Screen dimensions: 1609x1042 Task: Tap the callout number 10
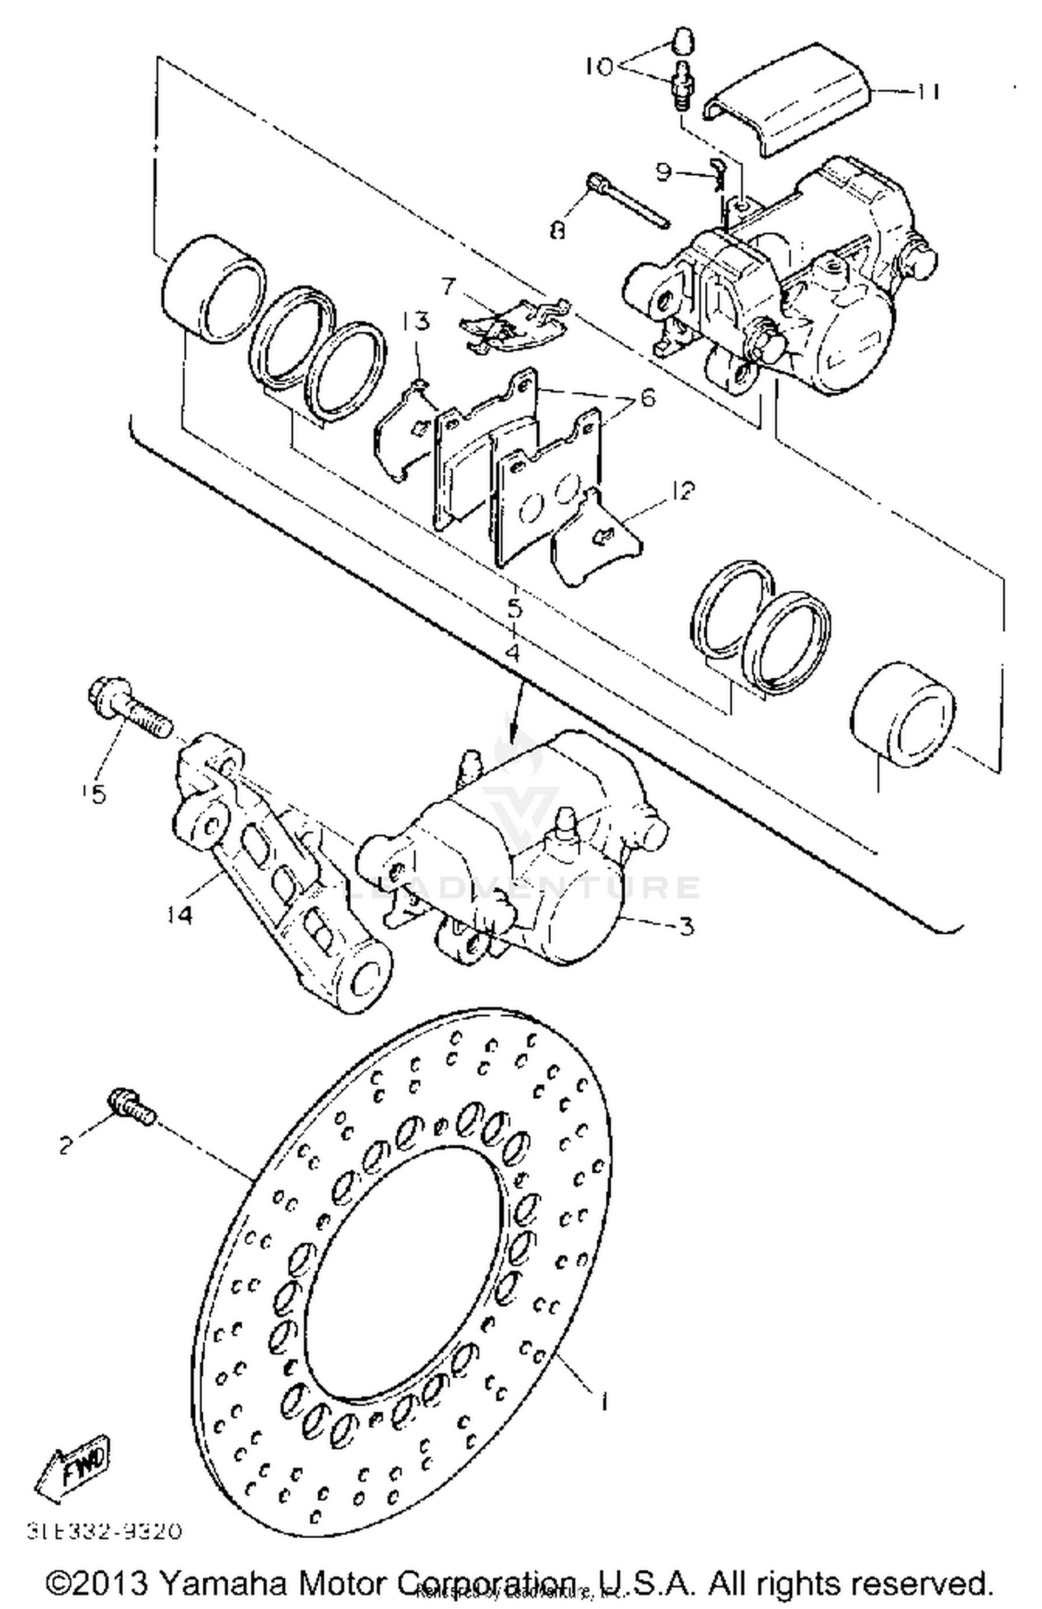[x=599, y=67]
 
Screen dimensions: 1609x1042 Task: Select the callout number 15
[x=97, y=793]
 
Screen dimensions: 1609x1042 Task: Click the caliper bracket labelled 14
[x=278, y=883]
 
